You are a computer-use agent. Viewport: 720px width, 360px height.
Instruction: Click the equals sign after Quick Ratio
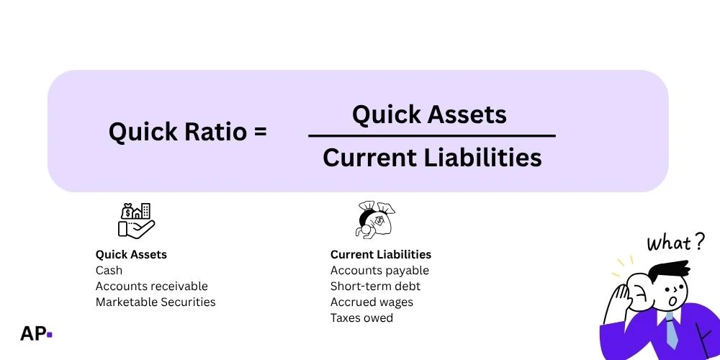click(x=260, y=132)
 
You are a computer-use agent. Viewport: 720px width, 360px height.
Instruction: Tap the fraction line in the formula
click(x=431, y=135)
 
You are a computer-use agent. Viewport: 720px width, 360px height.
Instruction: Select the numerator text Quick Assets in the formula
click(x=429, y=114)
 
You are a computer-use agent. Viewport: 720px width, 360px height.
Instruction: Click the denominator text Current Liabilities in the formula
click(x=432, y=157)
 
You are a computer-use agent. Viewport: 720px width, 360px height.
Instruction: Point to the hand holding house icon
click(x=136, y=220)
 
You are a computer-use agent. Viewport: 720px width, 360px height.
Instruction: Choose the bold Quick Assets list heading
click(x=131, y=254)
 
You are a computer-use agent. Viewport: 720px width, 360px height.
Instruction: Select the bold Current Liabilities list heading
click(x=381, y=254)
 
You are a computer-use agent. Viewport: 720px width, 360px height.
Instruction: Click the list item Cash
click(x=109, y=271)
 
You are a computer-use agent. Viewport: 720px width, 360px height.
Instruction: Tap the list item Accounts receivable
click(x=151, y=287)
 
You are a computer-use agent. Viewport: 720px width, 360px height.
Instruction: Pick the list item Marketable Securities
click(x=156, y=302)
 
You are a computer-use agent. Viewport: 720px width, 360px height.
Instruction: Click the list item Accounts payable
click(x=379, y=271)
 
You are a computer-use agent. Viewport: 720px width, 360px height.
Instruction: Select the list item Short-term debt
click(x=375, y=287)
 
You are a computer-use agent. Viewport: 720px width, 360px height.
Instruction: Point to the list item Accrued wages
click(x=372, y=302)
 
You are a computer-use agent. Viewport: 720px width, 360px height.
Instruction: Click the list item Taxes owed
click(x=361, y=318)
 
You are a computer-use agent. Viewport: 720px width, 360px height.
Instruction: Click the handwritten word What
click(x=668, y=243)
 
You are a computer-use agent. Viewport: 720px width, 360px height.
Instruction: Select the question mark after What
click(x=698, y=242)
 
